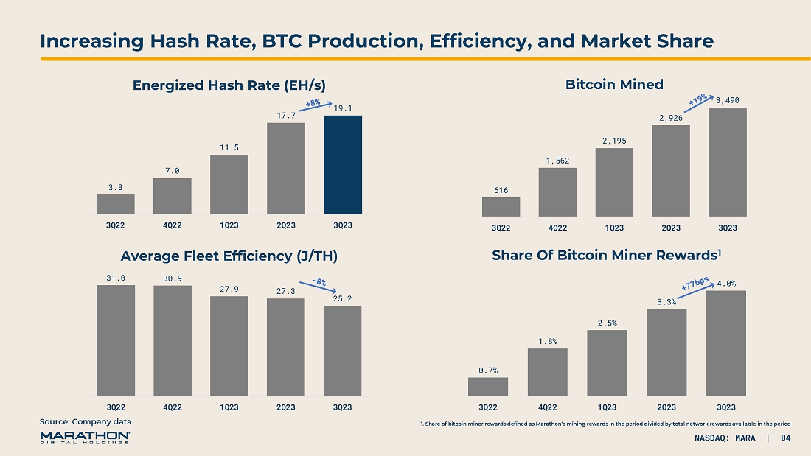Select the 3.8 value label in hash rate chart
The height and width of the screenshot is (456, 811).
(x=115, y=187)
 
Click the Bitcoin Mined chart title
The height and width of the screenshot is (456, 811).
(x=614, y=85)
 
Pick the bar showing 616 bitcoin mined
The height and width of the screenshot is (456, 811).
(x=501, y=207)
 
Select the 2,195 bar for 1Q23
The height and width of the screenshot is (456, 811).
(x=614, y=182)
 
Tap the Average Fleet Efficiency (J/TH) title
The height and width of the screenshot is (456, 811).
(x=229, y=256)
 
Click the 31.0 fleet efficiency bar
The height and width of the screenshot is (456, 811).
(x=116, y=340)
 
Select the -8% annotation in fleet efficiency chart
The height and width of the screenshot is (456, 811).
(x=319, y=281)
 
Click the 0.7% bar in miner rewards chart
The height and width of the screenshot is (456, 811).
(x=487, y=386)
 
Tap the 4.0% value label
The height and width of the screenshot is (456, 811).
(x=726, y=283)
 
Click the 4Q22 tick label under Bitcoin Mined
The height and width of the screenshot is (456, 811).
(x=557, y=227)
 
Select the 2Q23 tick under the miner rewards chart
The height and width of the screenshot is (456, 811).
(x=666, y=407)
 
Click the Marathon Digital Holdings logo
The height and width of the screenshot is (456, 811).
(x=86, y=438)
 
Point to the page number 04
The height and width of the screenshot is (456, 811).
(x=785, y=440)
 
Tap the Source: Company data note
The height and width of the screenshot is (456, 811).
(x=86, y=421)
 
